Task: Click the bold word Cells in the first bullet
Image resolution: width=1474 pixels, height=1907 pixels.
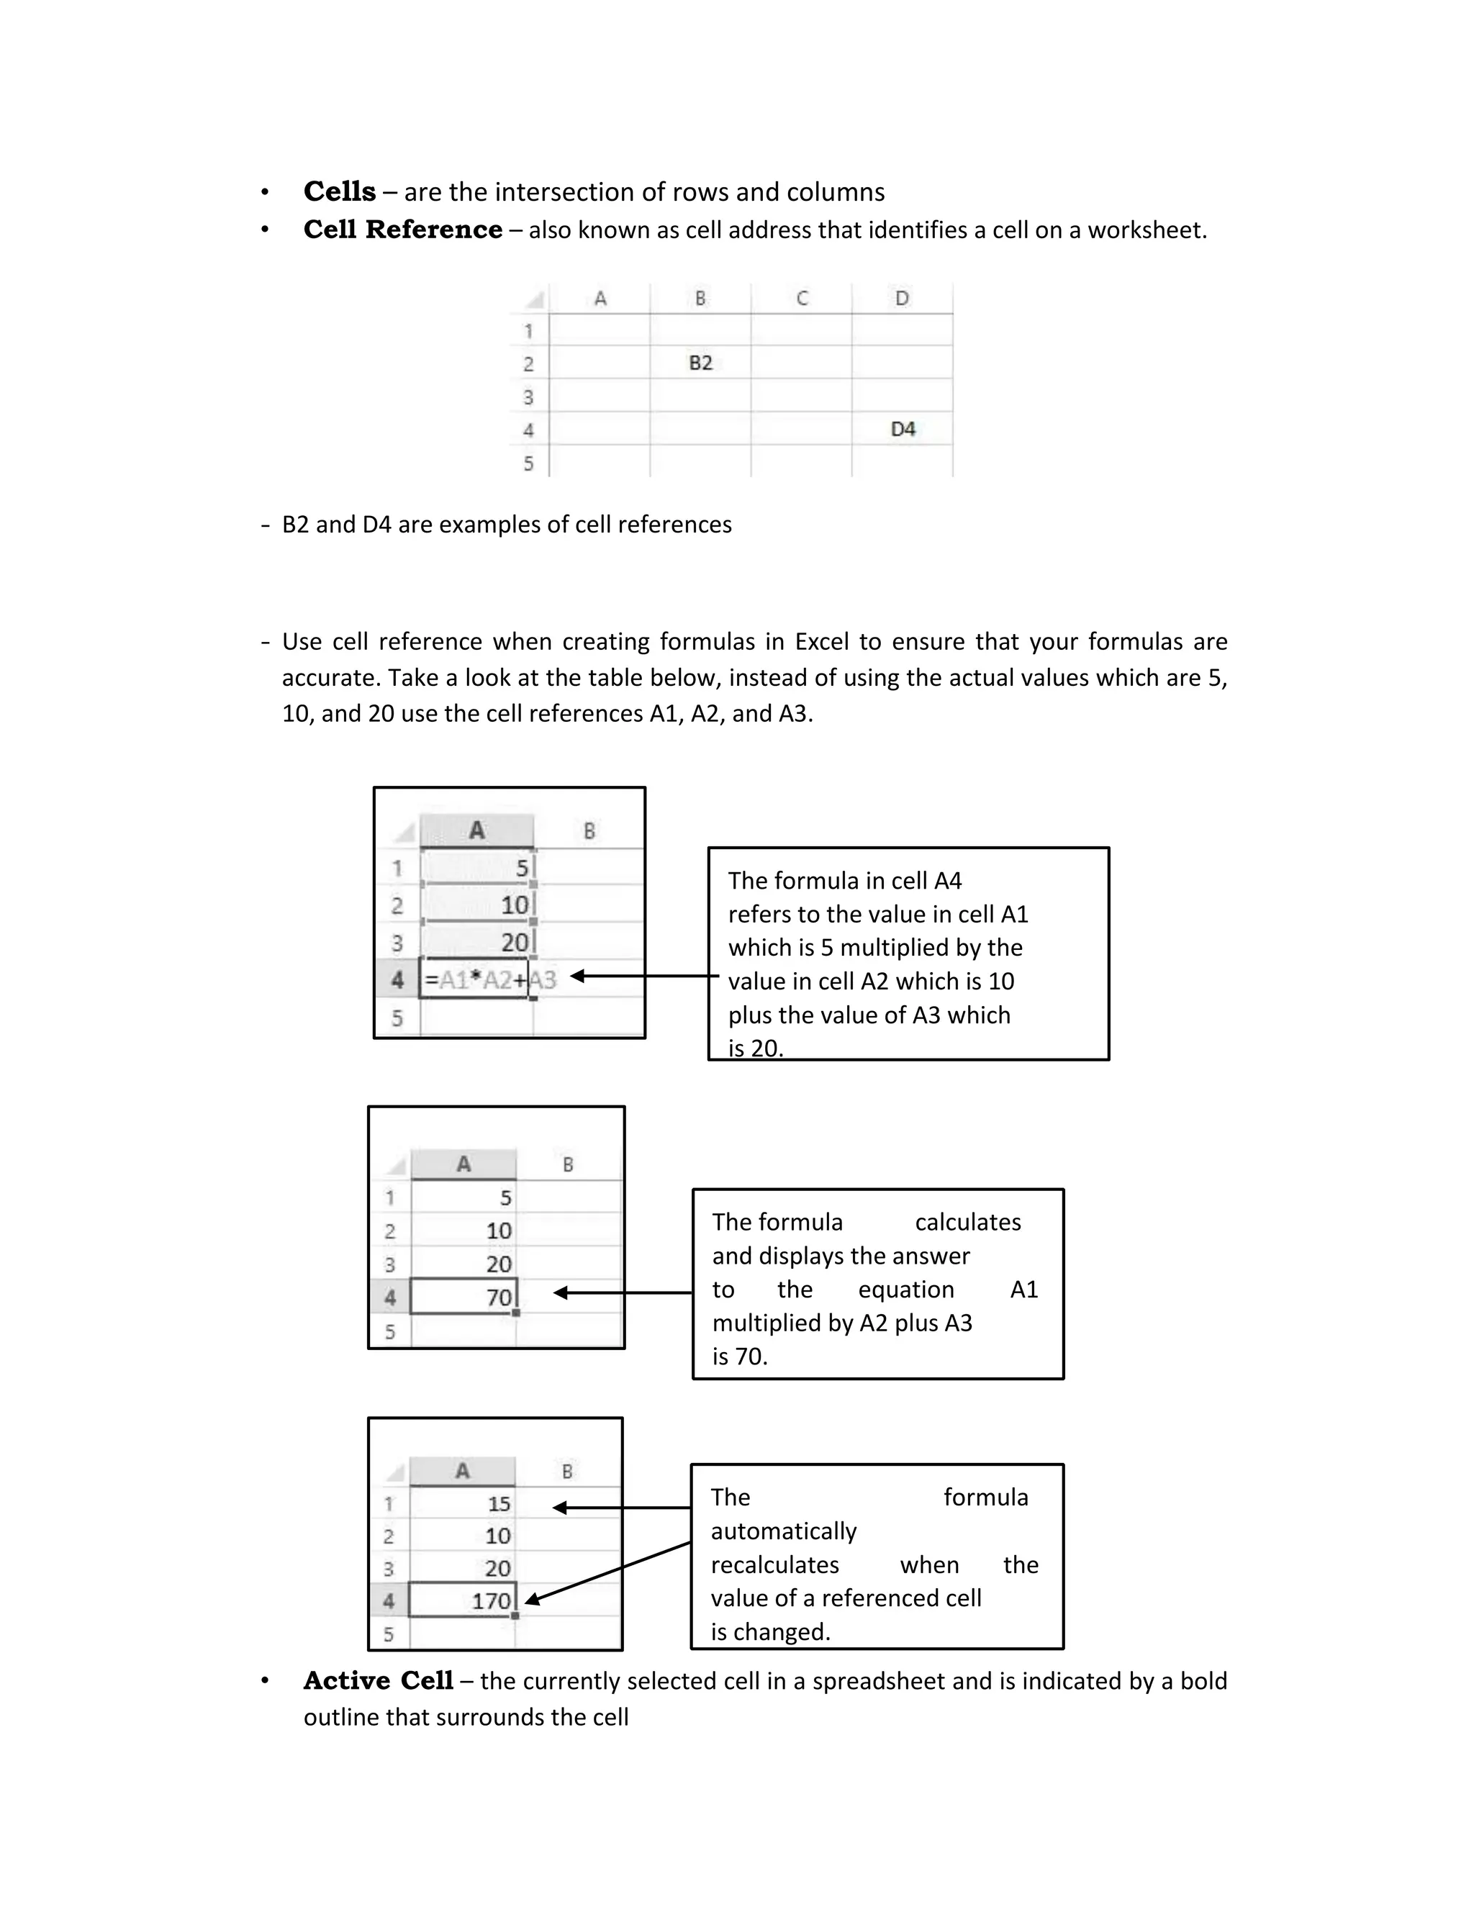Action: (x=339, y=191)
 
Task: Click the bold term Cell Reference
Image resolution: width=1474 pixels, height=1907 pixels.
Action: (x=402, y=230)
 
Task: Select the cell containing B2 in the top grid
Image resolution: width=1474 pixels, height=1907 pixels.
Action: (x=700, y=363)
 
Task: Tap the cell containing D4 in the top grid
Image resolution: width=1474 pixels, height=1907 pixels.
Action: (x=902, y=429)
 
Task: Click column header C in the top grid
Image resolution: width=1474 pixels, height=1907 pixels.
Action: (x=802, y=299)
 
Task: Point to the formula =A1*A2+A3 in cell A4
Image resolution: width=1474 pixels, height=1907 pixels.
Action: (x=489, y=979)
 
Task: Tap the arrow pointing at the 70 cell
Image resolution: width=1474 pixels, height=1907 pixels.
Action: (x=622, y=1292)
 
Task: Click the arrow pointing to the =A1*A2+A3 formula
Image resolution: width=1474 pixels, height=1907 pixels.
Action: (x=643, y=977)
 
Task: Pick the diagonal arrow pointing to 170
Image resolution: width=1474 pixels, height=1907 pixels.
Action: (x=607, y=1572)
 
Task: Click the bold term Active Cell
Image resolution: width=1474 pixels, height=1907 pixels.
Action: (x=378, y=1680)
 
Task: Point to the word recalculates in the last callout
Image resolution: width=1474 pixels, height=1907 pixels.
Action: (x=774, y=1564)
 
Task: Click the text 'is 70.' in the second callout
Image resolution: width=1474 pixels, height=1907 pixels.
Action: (x=738, y=1356)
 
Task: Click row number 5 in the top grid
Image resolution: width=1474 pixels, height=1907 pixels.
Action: (x=528, y=463)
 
